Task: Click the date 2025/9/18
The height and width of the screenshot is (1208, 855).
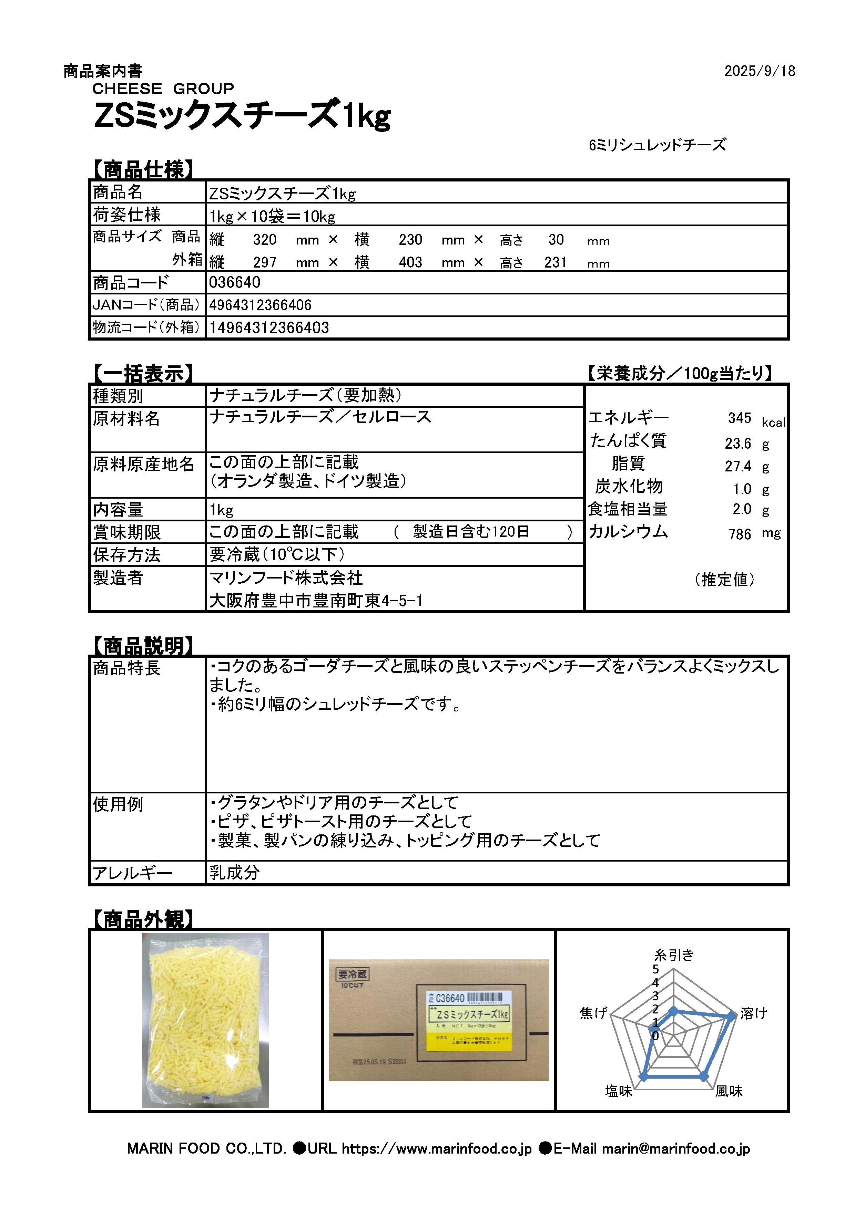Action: coord(759,71)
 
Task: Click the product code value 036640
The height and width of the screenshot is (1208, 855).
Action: coord(234,282)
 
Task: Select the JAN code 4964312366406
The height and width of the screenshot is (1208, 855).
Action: coord(260,305)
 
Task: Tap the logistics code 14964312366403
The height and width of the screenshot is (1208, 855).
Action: coord(269,328)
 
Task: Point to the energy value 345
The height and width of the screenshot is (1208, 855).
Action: coord(739,418)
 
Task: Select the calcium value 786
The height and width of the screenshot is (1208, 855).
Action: coord(739,534)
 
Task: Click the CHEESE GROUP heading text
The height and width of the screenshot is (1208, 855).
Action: coord(163,88)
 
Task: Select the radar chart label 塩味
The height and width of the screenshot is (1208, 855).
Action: coord(619,1091)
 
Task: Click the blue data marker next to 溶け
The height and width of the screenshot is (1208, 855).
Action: coord(731,1017)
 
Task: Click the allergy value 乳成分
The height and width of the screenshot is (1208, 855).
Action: coord(234,873)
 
